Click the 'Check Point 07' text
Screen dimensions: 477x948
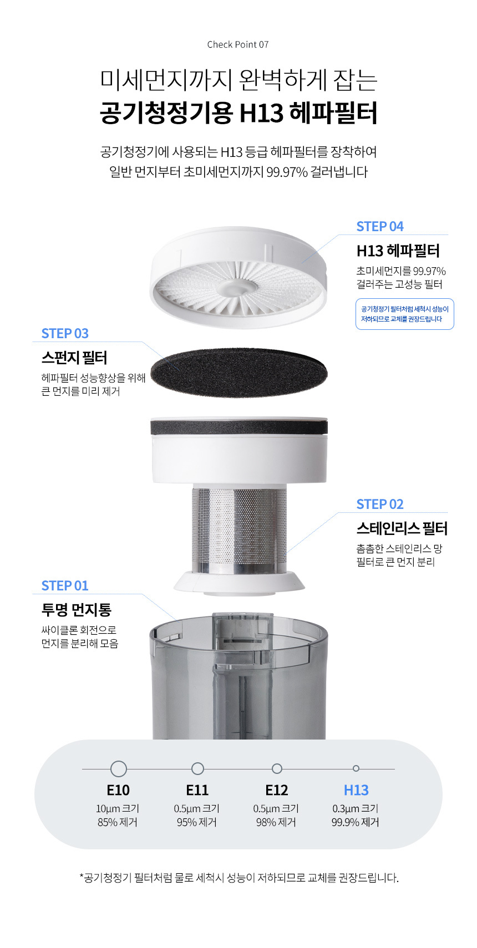coord(238,44)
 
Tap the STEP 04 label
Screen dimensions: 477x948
coord(379,226)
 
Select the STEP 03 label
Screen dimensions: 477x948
coord(65,334)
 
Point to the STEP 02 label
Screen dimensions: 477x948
coord(379,504)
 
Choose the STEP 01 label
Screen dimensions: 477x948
coord(65,586)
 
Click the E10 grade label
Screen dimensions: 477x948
coord(118,790)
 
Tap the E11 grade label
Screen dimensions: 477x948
coord(197,790)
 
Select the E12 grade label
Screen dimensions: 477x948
coord(276,790)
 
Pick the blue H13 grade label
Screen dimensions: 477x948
coord(356,790)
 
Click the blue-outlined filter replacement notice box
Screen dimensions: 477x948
coord(405,314)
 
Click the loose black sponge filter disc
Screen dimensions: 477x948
coord(239,372)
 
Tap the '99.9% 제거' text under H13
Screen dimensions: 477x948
coord(355,822)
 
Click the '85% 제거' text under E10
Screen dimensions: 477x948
coord(118,822)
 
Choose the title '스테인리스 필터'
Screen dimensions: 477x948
coord(402,528)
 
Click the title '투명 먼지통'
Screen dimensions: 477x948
coord(76,610)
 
